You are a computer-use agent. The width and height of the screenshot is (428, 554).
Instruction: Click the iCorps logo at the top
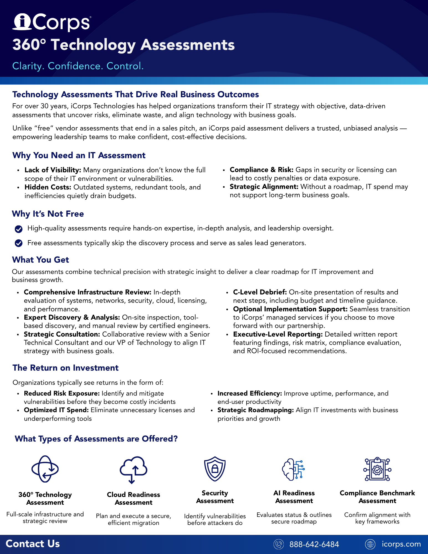(52, 22)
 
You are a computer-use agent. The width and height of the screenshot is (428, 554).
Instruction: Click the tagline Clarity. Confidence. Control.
(78, 66)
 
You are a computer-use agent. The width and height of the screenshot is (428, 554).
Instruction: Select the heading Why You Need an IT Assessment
(79, 155)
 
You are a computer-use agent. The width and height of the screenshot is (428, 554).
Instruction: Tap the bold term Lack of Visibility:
(53, 170)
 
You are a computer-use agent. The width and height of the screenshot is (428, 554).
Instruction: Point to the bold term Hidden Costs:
(48, 187)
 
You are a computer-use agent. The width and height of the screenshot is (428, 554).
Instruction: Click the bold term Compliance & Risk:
(261, 170)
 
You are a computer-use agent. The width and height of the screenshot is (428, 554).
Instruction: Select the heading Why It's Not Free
(48, 214)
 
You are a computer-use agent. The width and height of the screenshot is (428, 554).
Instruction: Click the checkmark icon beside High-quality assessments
(19, 229)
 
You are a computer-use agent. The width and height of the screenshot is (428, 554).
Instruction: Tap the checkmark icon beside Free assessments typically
(19, 243)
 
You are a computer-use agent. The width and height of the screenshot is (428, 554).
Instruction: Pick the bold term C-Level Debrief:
(260, 292)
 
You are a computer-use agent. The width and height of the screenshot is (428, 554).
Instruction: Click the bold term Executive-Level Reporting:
(278, 334)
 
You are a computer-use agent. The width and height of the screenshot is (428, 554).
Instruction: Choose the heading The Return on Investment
(66, 368)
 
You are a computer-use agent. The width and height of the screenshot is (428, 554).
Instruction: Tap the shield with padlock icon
(215, 469)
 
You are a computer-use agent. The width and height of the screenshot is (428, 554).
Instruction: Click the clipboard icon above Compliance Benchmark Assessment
(377, 469)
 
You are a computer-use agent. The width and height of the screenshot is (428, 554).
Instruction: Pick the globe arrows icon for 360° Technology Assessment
(45, 469)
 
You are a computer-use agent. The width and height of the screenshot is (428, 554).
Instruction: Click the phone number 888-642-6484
(314, 544)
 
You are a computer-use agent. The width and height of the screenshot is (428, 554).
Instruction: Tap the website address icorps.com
(401, 544)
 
